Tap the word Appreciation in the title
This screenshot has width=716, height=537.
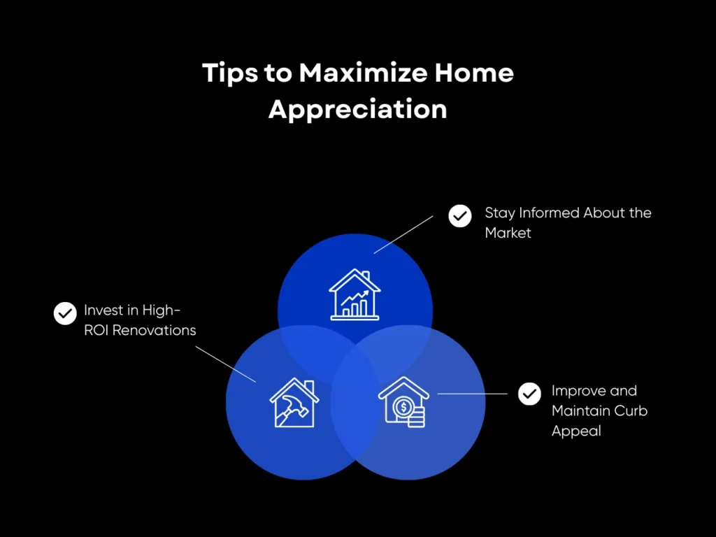[x=357, y=110]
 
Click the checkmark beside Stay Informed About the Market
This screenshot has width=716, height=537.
[x=460, y=216]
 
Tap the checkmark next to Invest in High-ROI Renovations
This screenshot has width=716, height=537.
[x=65, y=313]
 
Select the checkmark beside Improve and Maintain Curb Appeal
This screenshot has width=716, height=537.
[x=529, y=394]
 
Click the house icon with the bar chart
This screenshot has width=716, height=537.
[x=355, y=294]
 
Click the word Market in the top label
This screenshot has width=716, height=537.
[x=508, y=233]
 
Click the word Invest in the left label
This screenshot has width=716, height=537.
[x=102, y=310]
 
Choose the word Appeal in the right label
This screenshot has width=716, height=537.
[x=576, y=431]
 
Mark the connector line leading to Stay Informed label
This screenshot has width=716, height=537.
[x=403, y=234]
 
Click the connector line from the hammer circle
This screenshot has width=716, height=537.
[x=225, y=363]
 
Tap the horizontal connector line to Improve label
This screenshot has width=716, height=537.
[x=472, y=394]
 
